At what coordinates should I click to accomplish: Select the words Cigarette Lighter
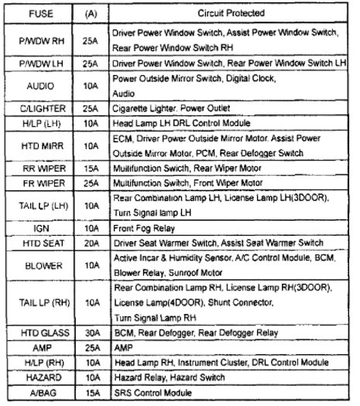point(146,109)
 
